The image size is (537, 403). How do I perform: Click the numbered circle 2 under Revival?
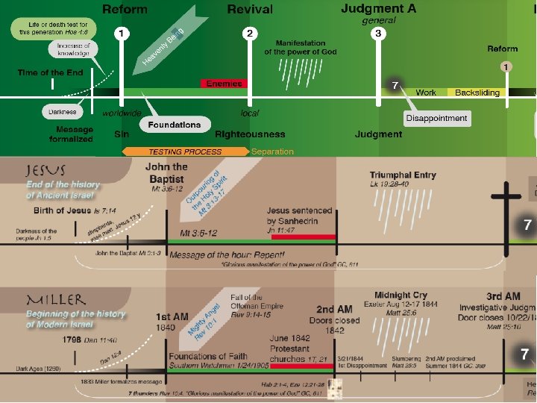[250, 34]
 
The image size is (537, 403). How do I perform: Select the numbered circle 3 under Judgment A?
[378, 34]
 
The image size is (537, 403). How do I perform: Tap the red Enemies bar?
[224, 84]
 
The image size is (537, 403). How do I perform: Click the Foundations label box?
[174, 125]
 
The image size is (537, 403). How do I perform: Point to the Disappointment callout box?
[437, 118]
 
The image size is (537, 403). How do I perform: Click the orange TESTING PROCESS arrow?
[185, 151]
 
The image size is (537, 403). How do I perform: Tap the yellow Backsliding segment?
[477, 93]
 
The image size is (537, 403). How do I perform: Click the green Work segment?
[426, 93]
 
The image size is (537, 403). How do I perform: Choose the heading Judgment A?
[378, 9]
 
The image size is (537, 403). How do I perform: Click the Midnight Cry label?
[402, 295]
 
